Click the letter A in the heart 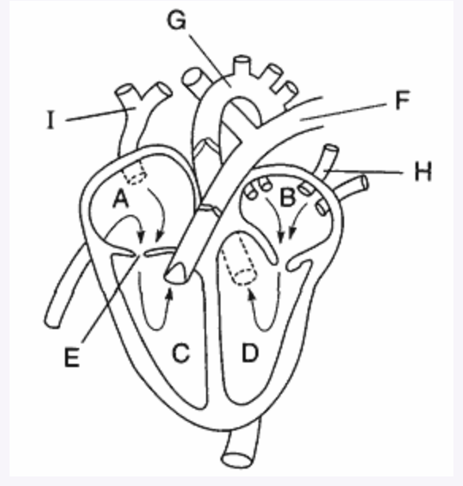[121, 199]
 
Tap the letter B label [287, 197]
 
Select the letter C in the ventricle [181, 353]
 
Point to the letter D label [250, 353]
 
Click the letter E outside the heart [72, 358]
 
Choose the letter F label [403, 100]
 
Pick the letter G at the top [177, 21]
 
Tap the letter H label [423, 171]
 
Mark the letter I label [51, 120]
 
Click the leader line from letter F [343, 113]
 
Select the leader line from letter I [101, 114]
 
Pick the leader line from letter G [210, 61]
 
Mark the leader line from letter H [364, 172]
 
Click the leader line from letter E [109, 299]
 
